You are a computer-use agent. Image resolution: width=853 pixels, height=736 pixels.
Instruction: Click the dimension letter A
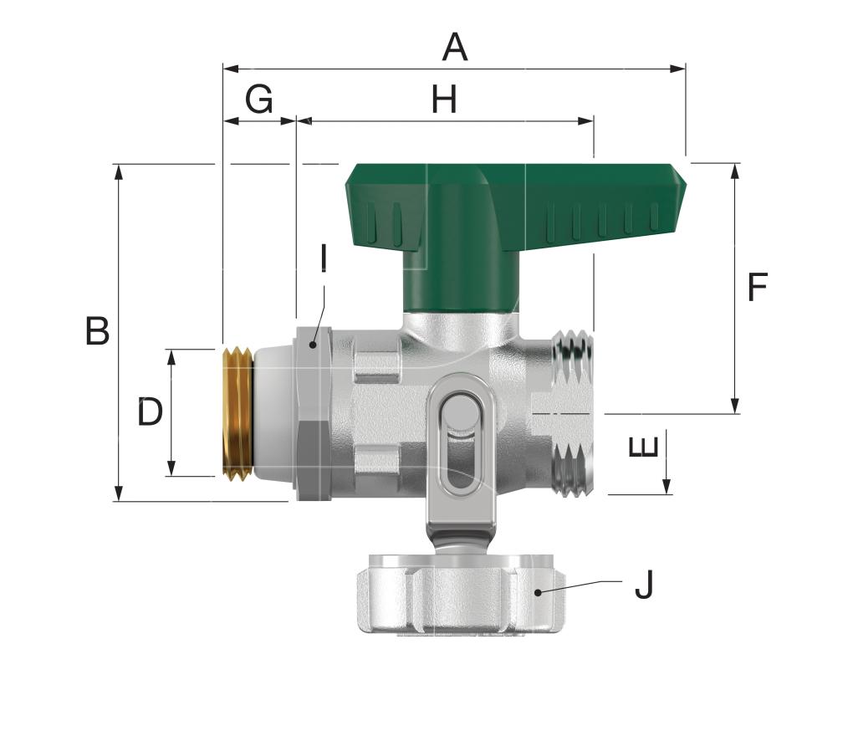(x=455, y=48)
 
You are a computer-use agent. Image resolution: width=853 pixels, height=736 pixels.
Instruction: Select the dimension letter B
(x=97, y=330)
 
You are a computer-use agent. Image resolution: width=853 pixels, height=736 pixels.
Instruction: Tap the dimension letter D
(x=150, y=411)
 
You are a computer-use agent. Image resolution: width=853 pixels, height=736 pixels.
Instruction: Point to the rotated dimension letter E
(x=644, y=447)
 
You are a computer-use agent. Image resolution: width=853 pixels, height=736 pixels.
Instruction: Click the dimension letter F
(x=757, y=287)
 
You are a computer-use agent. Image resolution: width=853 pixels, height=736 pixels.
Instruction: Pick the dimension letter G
(x=259, y=99)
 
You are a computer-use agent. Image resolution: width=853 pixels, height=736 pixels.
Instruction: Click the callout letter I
(x=324, y=258)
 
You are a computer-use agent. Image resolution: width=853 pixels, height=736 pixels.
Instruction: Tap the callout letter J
(x=644, y=585)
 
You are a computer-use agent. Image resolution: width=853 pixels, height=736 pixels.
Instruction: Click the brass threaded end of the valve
(x=238, y=414)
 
